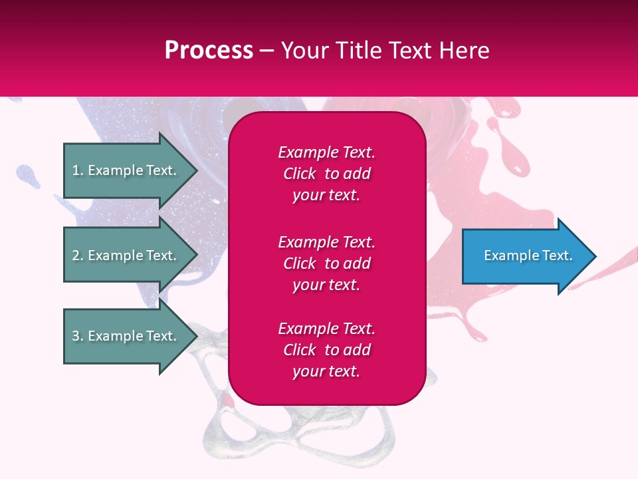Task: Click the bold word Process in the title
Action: click(209, 51)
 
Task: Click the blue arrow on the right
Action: click(525, 256)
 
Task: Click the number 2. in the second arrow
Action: click(78, 255)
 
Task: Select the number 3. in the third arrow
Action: click(78, 336)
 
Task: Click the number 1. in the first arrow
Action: click(78, 170)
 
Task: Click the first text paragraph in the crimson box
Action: click(326, 174)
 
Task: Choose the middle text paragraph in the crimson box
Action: click(326, 263)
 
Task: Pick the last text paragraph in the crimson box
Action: click(326, 350)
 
